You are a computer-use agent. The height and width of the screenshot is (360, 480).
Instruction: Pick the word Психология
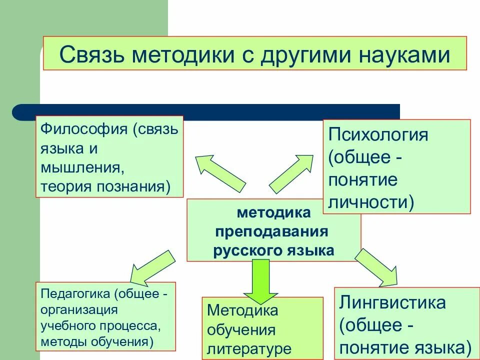click(378, 135)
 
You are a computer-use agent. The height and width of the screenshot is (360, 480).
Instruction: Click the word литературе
click(249, 348)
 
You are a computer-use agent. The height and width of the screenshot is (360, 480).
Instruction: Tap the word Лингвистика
click(392, 302)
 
